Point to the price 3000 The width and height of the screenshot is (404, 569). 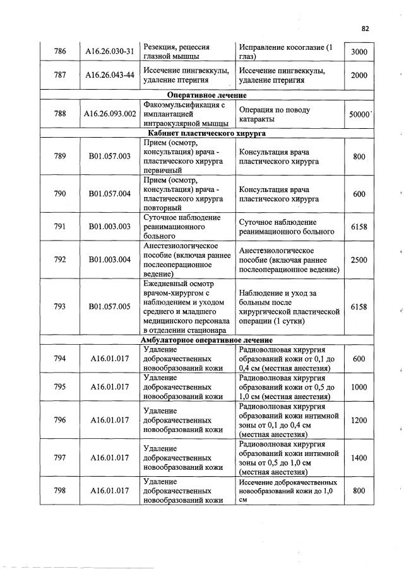pyautogui.click(x=359, y=52)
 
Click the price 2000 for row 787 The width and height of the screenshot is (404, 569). pyautogui.click(x=359, y=76)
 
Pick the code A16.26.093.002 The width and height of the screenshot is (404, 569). pyautogui.click(x=110, y=114)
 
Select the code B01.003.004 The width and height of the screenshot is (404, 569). pyautogui.click(x=110, y=260)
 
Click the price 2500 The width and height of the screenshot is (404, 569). pyautogui.click(x=359, y=260)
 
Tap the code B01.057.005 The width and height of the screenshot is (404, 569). pyautogui.click(x=110, y=307)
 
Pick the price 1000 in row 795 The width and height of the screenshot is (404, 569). pyautogui.click(x=359, y=387)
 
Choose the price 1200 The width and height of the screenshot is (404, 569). pyautogui.click(x=359, y=419)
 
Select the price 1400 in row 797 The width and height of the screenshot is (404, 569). pyautogui.click(x=359, y=458)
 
